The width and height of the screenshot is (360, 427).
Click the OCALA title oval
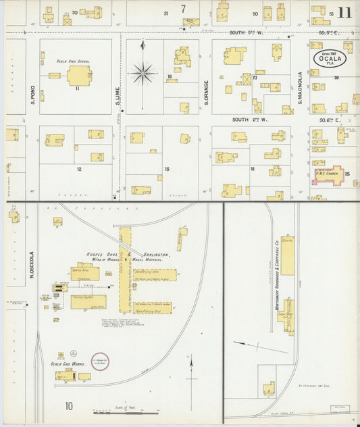(330, 58)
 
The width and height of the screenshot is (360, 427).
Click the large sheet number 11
(344, 13)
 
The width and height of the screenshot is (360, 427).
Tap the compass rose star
(143, 72)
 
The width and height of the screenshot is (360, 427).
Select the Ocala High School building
(79, 75)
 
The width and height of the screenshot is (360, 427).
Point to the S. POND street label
(32, 97)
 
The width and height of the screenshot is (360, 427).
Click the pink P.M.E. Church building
(328, 174)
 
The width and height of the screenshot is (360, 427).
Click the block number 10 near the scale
(69, 406)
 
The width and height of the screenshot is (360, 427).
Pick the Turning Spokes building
(88, 301)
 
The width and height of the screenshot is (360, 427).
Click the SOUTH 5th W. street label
(248, 32)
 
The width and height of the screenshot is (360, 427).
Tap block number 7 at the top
(182, 9)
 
